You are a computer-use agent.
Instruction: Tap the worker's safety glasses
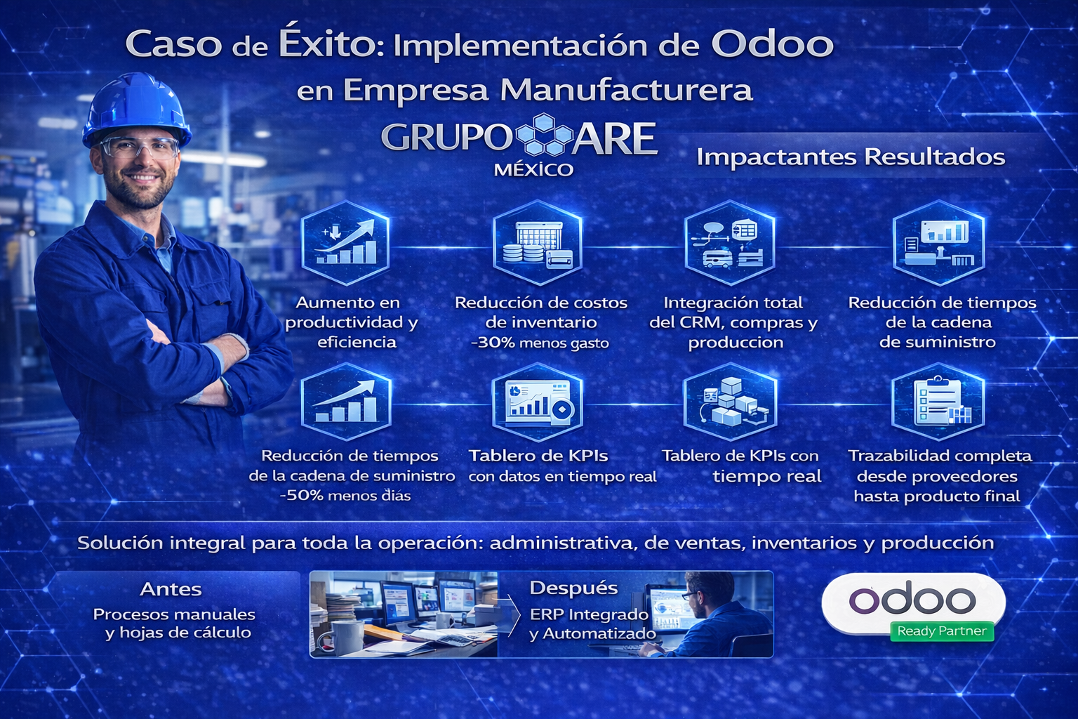click(x=139, y=147)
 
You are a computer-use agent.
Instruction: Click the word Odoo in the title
click(x=772, y=44)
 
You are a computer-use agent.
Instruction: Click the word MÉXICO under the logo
click(x=533, y=170)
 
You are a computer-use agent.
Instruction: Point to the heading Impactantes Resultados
click(x=851, y=157)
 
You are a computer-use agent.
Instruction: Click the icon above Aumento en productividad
click(x=345, y=242)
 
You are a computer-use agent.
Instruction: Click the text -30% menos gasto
click(x=540, y=343)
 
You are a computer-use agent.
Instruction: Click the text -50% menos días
click(x=345, y=496)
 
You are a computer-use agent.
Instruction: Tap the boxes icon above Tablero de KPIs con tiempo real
click(x=730, y=402)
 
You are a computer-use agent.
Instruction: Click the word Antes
click(x=171, y=589)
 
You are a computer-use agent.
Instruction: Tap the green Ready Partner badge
click(x=941, y=631)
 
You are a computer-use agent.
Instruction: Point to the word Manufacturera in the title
click(x=626, y=90)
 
